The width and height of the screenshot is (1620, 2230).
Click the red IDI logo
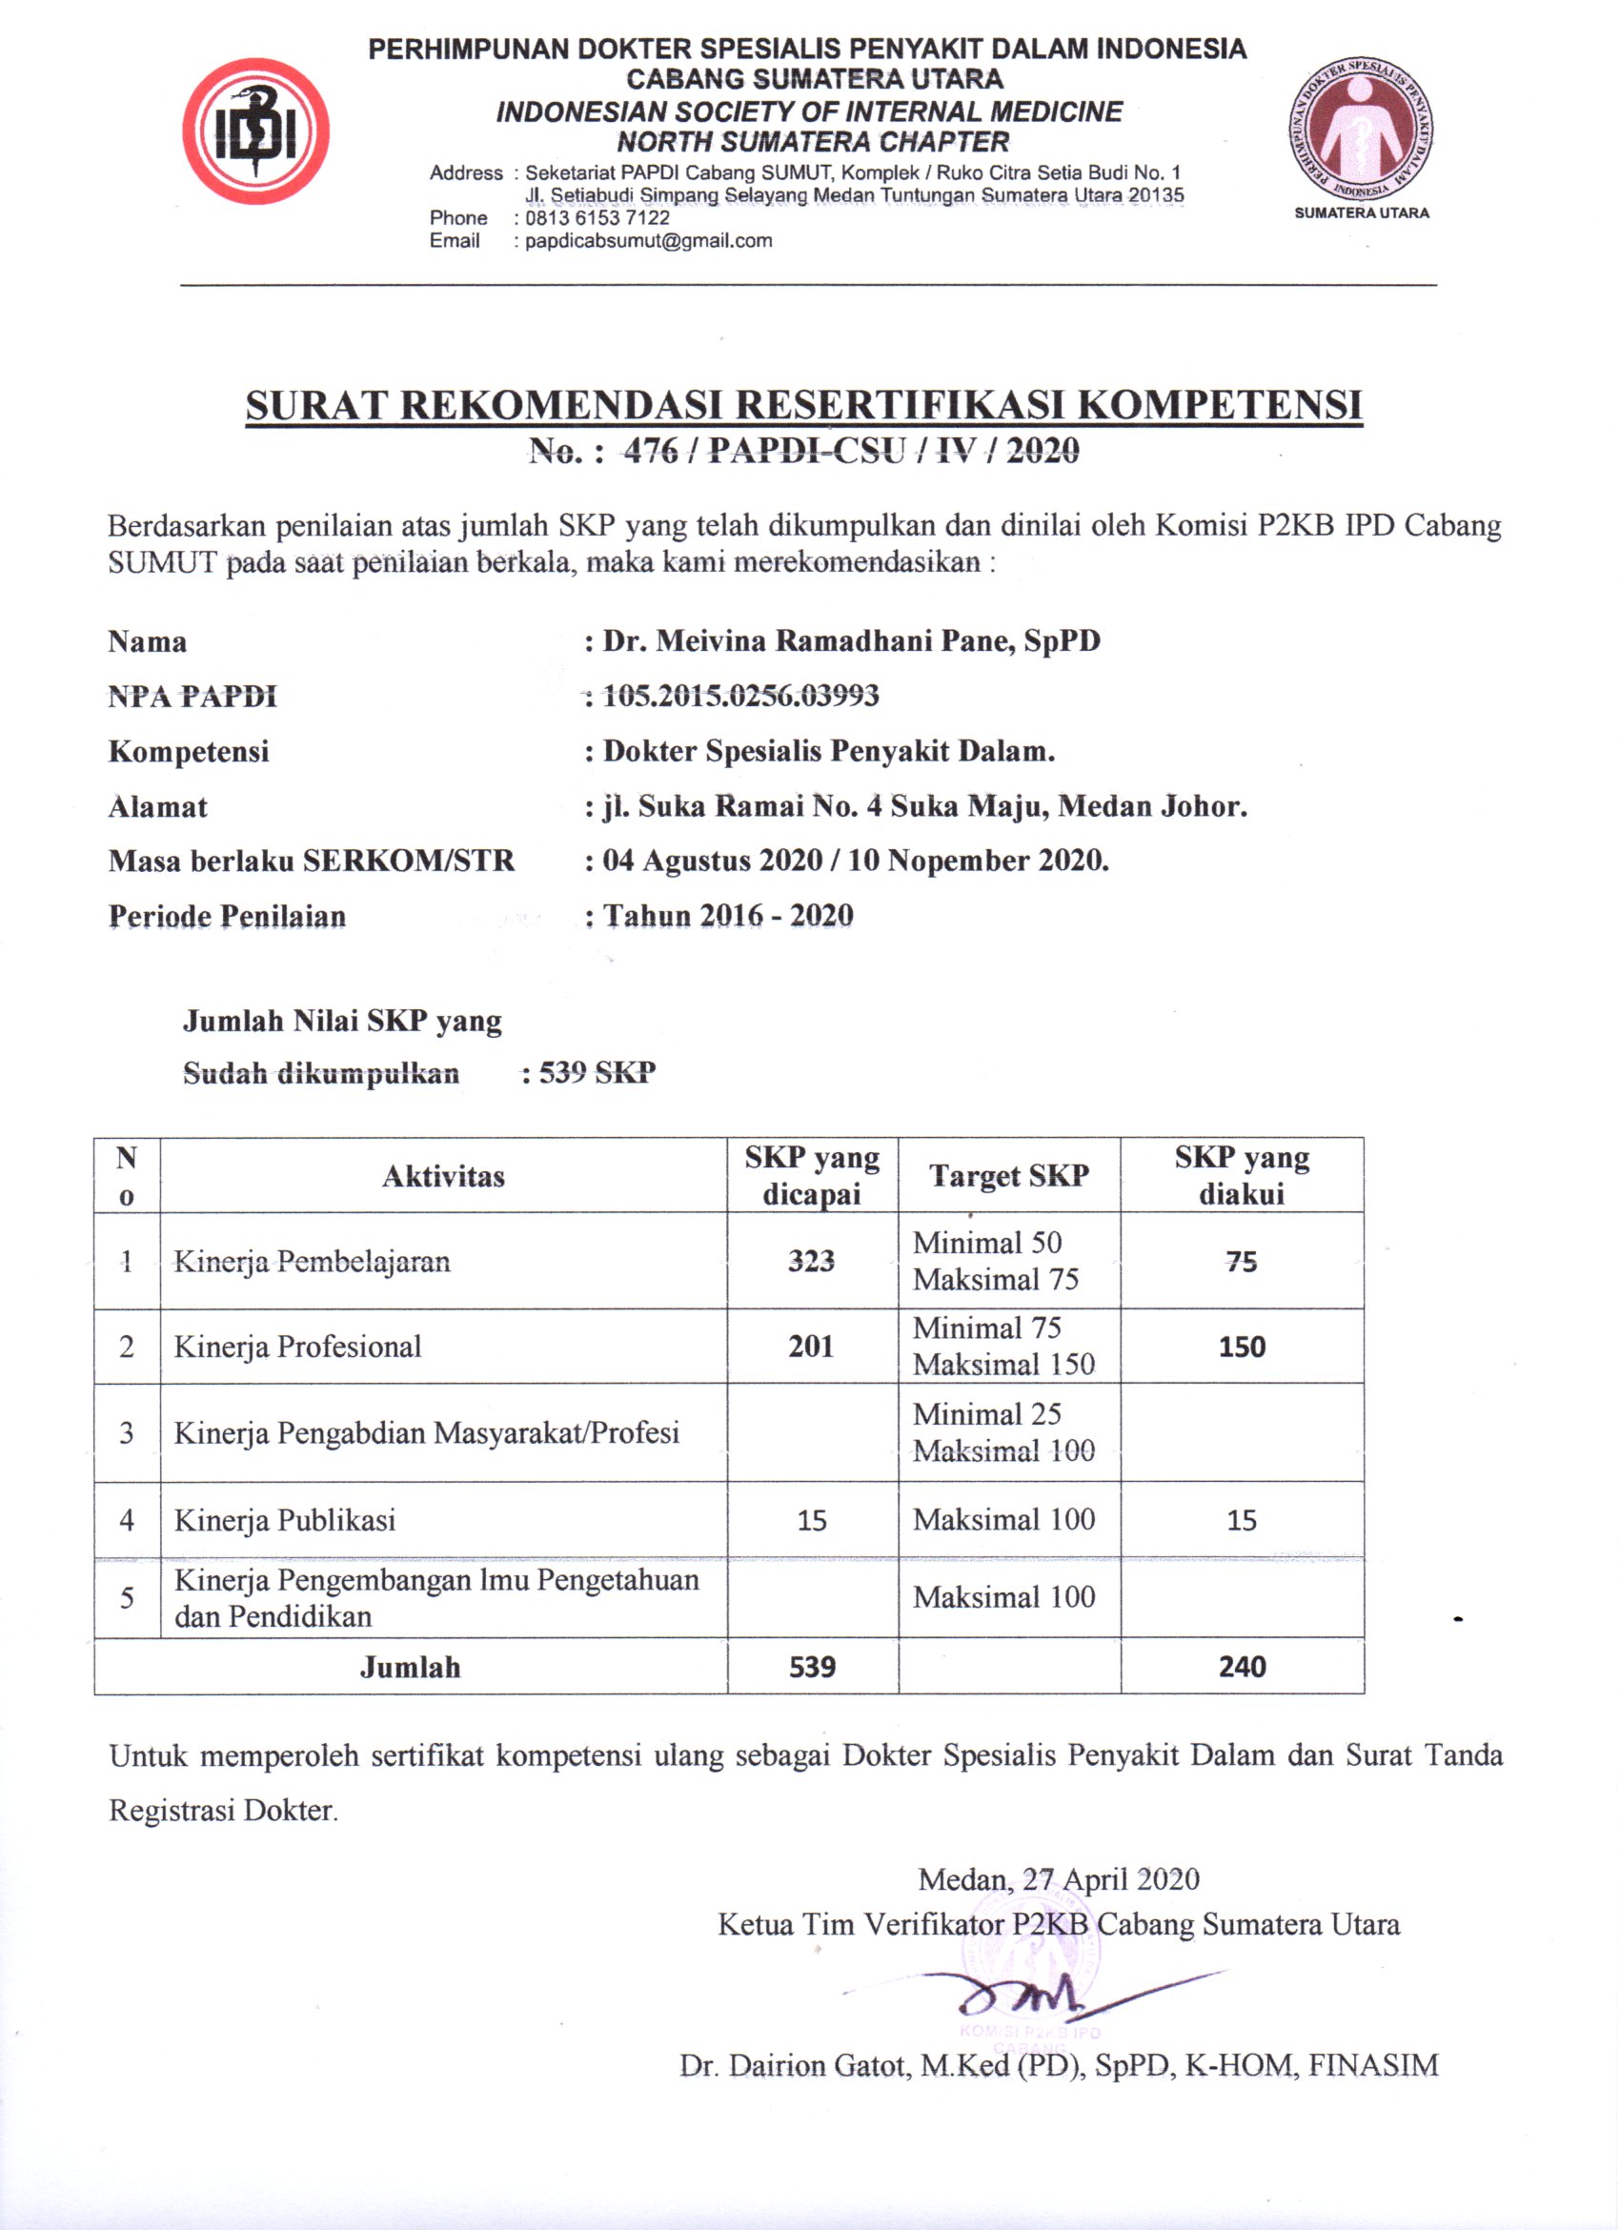click(x=255, y=131)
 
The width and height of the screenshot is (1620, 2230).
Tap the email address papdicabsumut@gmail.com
click(x=648, y=241)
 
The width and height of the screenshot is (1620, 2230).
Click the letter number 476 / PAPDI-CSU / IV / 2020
click(x=851, y=451)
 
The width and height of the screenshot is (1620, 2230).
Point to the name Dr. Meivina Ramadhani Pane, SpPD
click(x=851, y=641)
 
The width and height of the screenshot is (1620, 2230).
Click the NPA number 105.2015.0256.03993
click(x=740, y=696)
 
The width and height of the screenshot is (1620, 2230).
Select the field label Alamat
click(x=157, y=807)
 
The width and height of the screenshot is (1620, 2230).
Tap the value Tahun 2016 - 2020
click(x=727, y=917)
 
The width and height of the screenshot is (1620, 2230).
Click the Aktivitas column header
click(x=443, y=1176)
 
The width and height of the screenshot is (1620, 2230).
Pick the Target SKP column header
click(x=1008, y=1176)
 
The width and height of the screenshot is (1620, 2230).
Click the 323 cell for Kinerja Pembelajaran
click(x=811, y=1261)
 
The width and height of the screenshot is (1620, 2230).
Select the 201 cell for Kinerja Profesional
click(x=811, y=1346)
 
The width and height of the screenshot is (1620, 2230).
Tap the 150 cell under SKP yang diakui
click(x=1242, y=1346)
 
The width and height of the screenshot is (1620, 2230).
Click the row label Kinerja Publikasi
click(x=285, y=1520)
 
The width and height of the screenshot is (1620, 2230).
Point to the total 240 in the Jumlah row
click(x=1242, y=1667)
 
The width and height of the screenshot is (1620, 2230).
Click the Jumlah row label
click(x=410, y=1667)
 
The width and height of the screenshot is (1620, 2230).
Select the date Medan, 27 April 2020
click(x=1058, y=1880)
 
